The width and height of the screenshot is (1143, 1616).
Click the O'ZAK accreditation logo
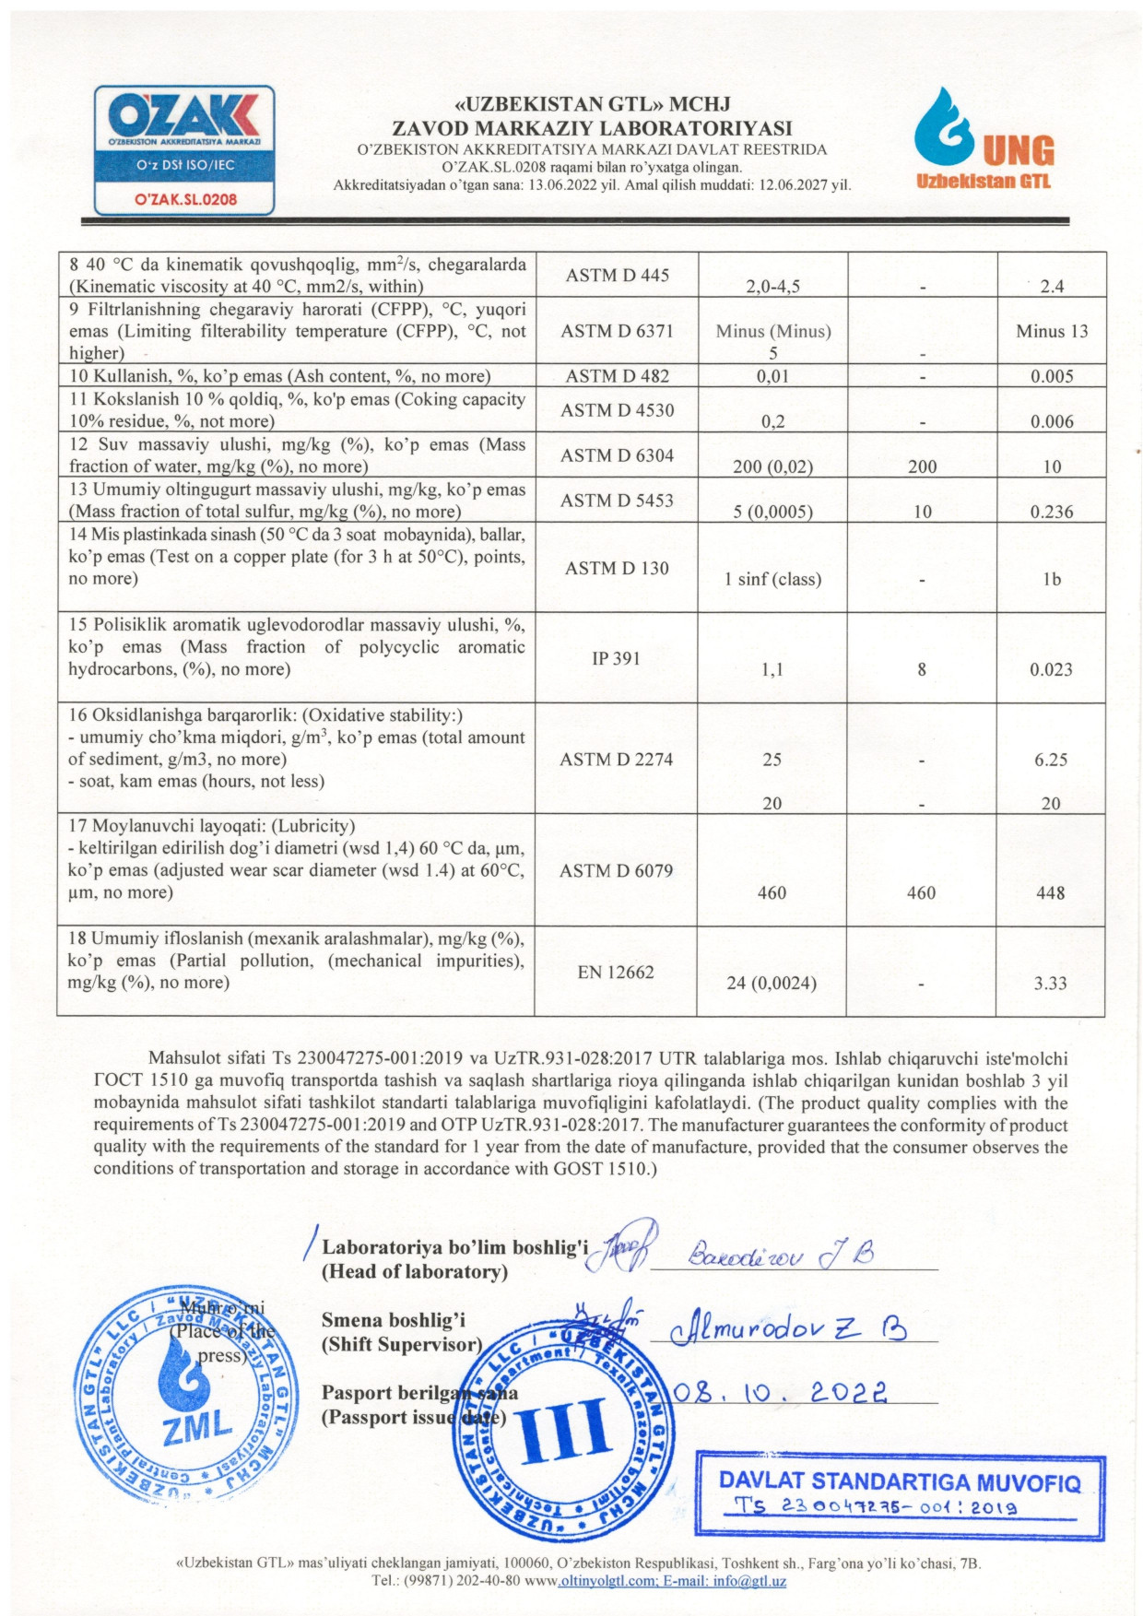tap(184, 149)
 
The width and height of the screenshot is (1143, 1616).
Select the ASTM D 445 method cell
tap(617, 275)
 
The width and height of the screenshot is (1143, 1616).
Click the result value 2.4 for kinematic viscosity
tap(1052, 286)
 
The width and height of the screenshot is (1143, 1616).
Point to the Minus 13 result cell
tap(1052, 331)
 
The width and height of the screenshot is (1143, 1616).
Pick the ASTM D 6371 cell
tap(617, 331)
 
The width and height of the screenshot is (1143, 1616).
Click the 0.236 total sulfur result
tap(1052, 512)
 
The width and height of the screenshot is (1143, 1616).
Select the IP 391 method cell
tap(616, 658)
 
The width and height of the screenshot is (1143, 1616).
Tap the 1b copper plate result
tap(1052, 579)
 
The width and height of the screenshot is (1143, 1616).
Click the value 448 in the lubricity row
tap(1051, 892)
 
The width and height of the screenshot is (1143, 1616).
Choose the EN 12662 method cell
tap(616, 972)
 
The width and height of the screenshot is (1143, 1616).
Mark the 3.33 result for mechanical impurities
tap(1051, 983)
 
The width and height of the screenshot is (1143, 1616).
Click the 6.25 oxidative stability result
tap(1051, 760)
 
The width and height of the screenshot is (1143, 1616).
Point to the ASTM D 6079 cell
tap(616, 870)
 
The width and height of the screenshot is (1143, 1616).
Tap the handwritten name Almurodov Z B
tap(789, 1328)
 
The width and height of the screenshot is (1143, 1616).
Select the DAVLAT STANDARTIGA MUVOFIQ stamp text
tap(899, 1480)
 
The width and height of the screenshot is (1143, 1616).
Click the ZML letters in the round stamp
tap(197, 1427)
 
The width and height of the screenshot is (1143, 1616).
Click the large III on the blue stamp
tap(564, 1432)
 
